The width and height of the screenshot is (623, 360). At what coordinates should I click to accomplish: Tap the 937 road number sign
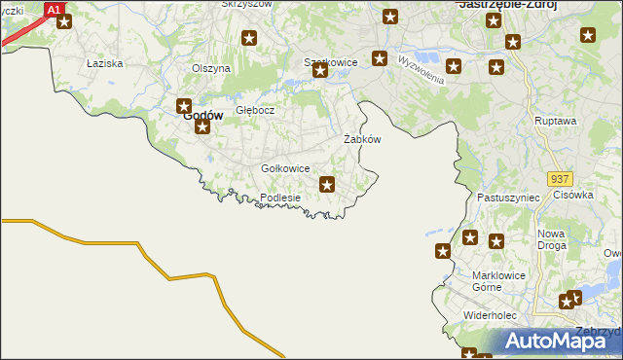point(559,180)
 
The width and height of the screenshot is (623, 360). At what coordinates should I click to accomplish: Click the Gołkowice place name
point(285,168)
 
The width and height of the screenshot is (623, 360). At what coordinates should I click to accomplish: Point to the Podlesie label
point(280,198)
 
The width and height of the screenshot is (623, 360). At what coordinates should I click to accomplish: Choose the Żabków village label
point(362,139)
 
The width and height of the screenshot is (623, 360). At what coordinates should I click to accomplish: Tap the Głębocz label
point(256,110)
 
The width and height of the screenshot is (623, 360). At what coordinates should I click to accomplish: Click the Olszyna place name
point(211,68)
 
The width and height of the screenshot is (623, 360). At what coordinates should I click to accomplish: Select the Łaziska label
point(103,62)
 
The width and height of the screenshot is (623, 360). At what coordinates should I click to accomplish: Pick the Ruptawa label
point(556,121)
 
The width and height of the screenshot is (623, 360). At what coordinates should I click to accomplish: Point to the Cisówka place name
point(573,194)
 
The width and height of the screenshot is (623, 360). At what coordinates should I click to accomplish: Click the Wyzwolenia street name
point(421,68)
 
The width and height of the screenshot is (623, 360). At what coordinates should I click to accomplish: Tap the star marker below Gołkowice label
point(328,184)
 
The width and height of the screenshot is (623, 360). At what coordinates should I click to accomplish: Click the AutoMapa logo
point(555,341)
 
